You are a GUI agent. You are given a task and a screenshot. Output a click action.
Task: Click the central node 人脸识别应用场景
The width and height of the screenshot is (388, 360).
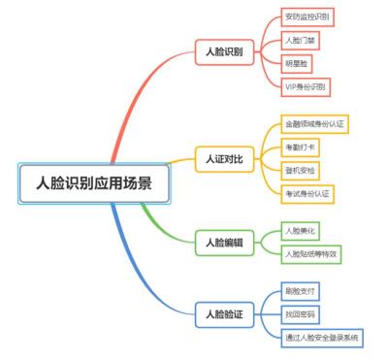point(94,182)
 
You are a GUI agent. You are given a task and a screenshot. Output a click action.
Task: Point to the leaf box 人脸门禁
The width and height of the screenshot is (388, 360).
point(300,40)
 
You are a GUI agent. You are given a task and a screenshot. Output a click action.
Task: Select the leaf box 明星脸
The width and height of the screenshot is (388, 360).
point(296,63)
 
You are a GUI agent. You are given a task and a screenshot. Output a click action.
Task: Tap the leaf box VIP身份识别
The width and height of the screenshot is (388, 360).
point(306,85)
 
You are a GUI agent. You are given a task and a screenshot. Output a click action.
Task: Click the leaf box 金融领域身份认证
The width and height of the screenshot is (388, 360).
point(315,123)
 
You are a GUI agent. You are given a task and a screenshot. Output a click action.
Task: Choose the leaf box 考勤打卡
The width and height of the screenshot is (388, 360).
point(300,147)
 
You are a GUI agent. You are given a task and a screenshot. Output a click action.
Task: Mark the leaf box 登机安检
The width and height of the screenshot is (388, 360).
point(300,170)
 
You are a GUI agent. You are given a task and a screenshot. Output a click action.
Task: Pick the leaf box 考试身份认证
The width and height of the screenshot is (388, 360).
point(307,193)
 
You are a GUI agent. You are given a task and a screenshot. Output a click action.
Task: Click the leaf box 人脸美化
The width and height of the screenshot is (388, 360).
point(300,230)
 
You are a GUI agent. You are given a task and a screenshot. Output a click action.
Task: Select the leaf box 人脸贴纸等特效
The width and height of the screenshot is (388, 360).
point(311,253)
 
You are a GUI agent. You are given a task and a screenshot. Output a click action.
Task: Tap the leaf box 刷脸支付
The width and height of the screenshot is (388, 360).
point(300,290)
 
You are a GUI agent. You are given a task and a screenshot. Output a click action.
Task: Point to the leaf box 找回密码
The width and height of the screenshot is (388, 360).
point(300,313)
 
